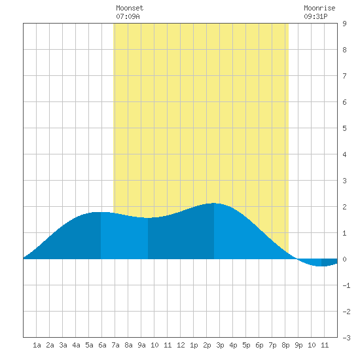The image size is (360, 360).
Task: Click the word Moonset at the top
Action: [x=130, y=8]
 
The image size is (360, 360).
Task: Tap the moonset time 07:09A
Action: [x=128, y=16]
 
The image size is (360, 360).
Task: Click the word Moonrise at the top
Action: [x=319, y=8]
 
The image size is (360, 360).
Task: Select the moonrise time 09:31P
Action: [x=315, y=16]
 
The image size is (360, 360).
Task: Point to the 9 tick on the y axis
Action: [x=344, y=24]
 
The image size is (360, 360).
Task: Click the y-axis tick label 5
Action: [x=344, y=128]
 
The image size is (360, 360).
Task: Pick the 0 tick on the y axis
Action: [x=344, y=259]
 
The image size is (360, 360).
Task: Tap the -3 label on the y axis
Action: [x=346, y=338]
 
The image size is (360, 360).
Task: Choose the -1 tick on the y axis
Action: [x=346, y=285]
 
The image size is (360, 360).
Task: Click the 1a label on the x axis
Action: [x=37, y=345]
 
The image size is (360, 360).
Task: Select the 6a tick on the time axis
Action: [x=102, y=345]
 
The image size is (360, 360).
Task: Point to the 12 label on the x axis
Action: [x=181, y=345]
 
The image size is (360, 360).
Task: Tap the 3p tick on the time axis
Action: [x=220, y=345]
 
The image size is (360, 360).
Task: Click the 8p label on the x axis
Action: [x=285, y=345]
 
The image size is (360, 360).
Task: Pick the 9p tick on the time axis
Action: [x=298, y=345]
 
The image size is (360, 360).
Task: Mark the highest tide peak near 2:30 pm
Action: [x=214, y=203]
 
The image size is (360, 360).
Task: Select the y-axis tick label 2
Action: [x=344, y=207]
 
